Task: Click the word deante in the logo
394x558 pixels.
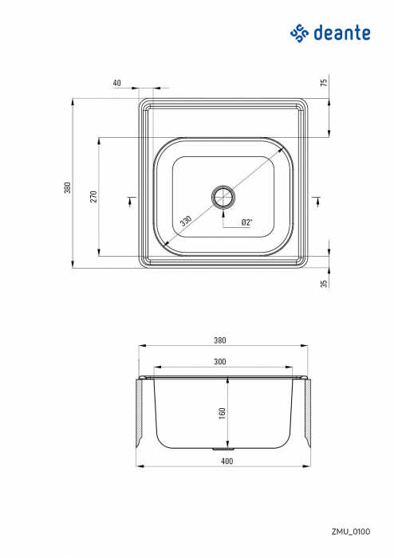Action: [341, 33]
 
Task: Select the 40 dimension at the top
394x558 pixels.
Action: [117, 82]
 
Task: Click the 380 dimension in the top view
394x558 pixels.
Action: [68, 187]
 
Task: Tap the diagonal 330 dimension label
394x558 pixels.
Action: [186, 220]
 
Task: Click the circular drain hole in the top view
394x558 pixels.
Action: [223, 195]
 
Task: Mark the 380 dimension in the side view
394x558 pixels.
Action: [219, 340]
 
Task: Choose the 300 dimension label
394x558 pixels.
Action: [219, 362]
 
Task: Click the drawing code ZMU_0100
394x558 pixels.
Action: [352, 530]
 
